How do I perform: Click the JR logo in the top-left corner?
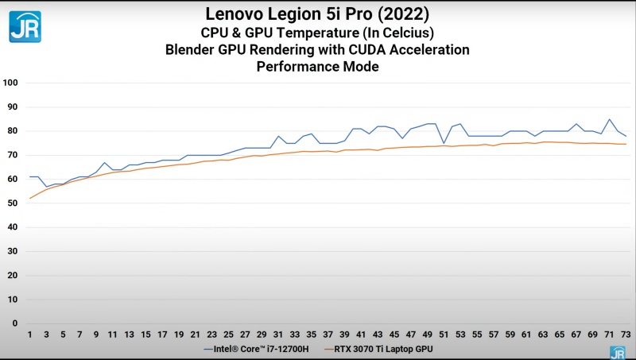click(x=25, y=25)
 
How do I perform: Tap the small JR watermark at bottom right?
click(x=617, y=352)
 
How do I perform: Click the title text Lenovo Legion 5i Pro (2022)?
click(x=317, y=14)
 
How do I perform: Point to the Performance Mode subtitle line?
click(x=317, y=67)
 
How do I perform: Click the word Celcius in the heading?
click(x=405, y=32)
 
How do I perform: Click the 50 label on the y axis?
click(x=12, y=203)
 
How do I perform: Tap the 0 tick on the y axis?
click(x=14, y=323)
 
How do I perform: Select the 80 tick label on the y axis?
click(x=12, y=131)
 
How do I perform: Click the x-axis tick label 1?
click(x=30, y=335)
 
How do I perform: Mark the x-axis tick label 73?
click(x=626, y=335)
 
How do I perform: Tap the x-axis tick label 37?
click(x=328, y=335)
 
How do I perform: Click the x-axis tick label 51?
click(x=444, y=335)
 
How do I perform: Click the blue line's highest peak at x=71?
click(x=609, y=119)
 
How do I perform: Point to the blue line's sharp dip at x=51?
click(x=444, y=143)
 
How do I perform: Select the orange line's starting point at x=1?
click(x=30, y=198)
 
